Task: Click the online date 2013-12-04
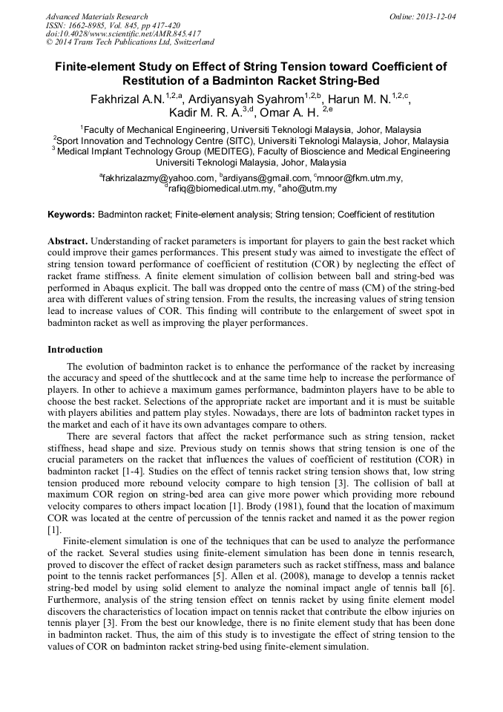pyautogui.click(x=434, y=16)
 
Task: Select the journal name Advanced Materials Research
pyautogui.click(x=96, y=16)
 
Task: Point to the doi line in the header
pyautogui.click(x=123, y=33)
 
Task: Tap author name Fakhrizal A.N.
pyautogui.click(x=128, y=99)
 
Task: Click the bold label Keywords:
pyautogui.click(x=71, y=215)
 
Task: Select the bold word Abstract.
pyautogui.click(x=68, y=242)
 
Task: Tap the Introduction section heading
pyautogui.click(x=75, y=349)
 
